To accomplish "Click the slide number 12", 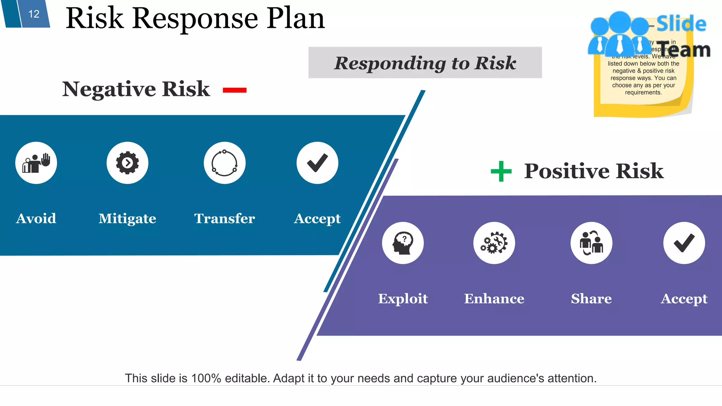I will tap(34, 14).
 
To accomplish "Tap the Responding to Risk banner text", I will tap(425, 63).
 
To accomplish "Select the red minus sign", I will tap(234, 90).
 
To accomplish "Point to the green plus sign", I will tap(501, 171).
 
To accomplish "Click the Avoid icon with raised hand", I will tap(36, 163).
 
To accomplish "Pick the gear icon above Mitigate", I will tap(127, 163).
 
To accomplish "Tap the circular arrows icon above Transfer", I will tap(225, 163).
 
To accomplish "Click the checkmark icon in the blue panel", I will tap(317, 163).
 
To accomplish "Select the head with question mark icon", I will tap(403, 243).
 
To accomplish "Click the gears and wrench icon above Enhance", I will tap(494, 243).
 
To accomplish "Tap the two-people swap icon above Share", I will tap(591, 243).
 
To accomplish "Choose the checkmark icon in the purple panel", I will tap(684, 243).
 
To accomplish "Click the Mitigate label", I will tap(127, 219).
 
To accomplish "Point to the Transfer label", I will tap(225, 219).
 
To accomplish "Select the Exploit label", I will tap(403, 299).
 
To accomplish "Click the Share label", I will tap(591, 299).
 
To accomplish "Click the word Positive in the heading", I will tap(567, 171).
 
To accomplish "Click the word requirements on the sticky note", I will tap(643, 93).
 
